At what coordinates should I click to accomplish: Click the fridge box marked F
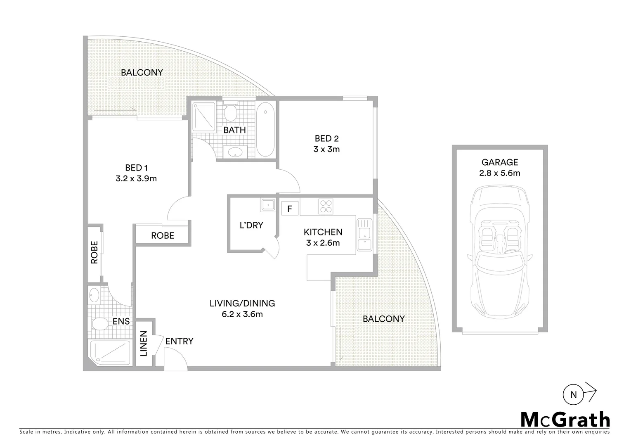point(290,209)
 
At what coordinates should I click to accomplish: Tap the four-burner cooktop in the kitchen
point(326,206)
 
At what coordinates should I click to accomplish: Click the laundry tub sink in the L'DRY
point(268,204)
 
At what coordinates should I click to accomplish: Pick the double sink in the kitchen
point(365,234)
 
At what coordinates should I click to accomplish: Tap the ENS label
point(121,321)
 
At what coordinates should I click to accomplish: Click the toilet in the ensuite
point(98,323)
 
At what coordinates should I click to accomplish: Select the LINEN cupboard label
point(144,344)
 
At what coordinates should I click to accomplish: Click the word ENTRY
point(179,341)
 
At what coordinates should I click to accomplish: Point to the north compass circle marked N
point(573,394)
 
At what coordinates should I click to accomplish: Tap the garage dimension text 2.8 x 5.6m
point(499,173)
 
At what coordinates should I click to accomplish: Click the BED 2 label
point(326,138)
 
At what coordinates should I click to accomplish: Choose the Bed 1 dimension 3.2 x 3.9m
point(136,178)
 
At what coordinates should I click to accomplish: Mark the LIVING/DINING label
point(242,303)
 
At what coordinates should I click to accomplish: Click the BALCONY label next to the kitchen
point(383,319)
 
